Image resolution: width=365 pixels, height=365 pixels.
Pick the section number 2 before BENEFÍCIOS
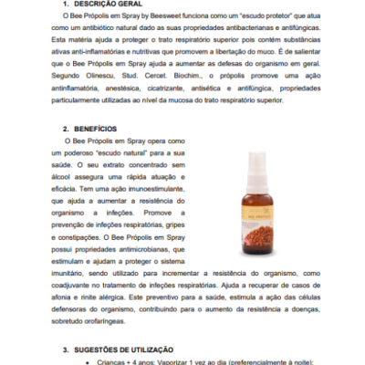pyautogui.click(x=66, y=131)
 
